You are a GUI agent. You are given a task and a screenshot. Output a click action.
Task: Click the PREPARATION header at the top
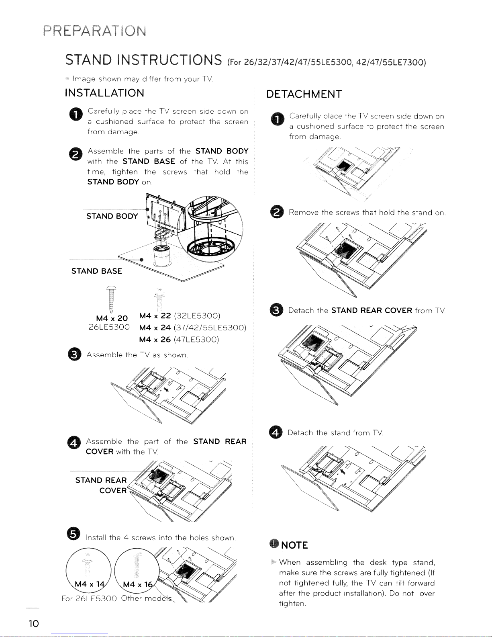(95, 31)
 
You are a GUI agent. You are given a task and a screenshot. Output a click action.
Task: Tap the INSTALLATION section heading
(104, 93)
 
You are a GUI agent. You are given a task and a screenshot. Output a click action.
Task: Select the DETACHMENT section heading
(304, 94)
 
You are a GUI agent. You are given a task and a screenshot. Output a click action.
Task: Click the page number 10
(34, 623)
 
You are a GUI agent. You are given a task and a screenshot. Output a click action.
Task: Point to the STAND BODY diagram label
(112, 216)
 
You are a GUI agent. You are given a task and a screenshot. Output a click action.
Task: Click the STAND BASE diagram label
(97, 271)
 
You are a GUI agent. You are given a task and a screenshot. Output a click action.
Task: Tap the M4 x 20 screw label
(112, 318)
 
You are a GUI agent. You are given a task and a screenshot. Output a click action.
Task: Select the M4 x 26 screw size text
(155, 340)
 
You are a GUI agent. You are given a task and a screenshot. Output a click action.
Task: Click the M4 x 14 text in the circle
(90, 584)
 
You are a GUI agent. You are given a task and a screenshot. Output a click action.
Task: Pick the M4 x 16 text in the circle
(138, 584)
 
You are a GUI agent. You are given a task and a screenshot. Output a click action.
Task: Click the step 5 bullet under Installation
(73, 534)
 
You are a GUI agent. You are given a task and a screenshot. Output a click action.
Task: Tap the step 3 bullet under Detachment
(276, 310)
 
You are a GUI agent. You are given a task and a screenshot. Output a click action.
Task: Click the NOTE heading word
(294, 545)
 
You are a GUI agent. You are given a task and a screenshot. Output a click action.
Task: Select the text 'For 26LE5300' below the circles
(89, 598)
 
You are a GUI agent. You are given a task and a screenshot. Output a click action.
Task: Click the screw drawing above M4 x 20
(112, 299)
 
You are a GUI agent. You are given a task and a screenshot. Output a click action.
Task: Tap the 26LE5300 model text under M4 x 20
(109, 327)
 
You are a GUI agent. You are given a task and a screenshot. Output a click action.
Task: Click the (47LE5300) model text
(196, 340)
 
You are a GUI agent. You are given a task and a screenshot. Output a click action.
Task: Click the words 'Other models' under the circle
(147, 598)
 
